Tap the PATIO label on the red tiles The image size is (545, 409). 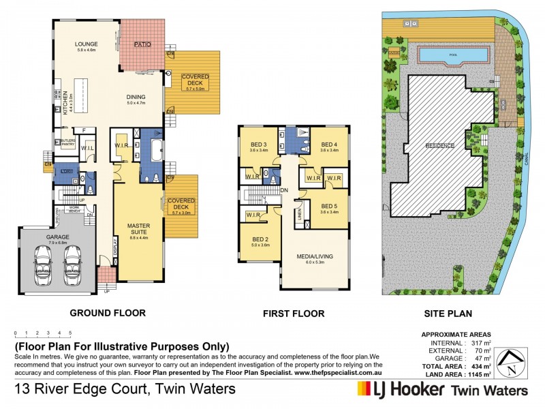tap(142, 44)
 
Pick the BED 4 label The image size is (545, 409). tap(329, 144)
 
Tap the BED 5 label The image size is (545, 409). tap(329, 206)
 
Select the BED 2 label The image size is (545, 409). tap(260, 239)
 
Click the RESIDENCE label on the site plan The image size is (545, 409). tap(439, 146)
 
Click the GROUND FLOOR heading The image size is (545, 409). tap(107, 314)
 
